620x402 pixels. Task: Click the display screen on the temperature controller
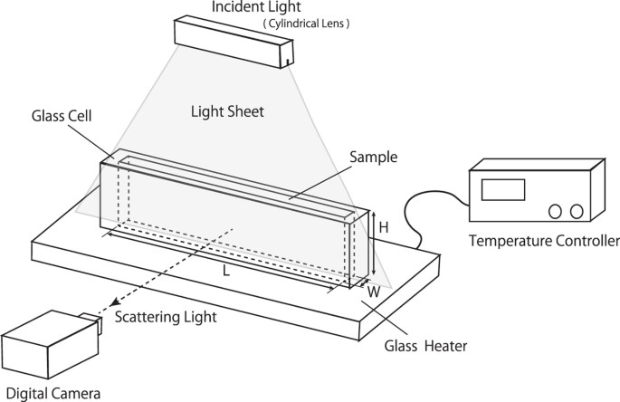(x=503, y=189)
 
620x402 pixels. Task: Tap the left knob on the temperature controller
(x=555, y=211)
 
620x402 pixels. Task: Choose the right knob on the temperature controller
(x=576, y=211)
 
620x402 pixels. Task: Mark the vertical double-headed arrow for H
(x=371, y=243)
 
